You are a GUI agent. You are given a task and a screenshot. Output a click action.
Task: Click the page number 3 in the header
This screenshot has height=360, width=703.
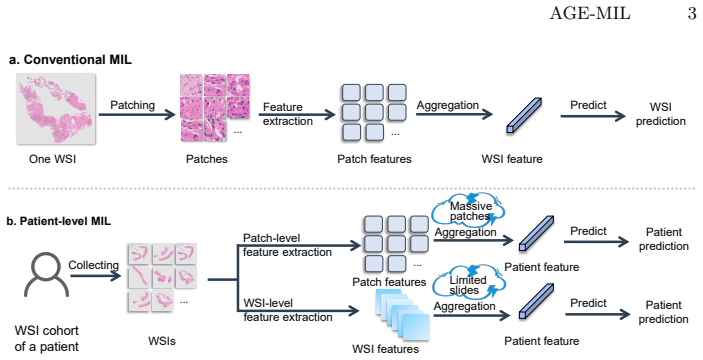tap(692, 13)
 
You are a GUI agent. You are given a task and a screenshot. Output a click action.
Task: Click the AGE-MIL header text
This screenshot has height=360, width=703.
tap(590, 13)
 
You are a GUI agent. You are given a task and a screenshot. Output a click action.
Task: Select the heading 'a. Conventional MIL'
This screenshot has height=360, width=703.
tap(70, 60)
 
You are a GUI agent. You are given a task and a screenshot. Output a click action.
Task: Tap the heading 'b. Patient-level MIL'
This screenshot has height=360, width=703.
tap(59, 221)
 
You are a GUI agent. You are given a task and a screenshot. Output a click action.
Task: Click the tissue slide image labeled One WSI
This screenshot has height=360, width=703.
tap(56, 108)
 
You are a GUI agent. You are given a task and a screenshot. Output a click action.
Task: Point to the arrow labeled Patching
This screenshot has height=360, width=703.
tap(137, 115)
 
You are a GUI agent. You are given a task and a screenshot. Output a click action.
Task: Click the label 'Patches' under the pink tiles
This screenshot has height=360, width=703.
tap(207, 159)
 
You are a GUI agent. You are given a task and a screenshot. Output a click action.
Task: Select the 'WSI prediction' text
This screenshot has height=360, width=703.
tap(661, 114)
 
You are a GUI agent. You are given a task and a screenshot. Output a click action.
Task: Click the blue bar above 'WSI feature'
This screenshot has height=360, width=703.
tap(525, 115)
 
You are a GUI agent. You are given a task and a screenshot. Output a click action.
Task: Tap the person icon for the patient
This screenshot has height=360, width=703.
tap(46, 274)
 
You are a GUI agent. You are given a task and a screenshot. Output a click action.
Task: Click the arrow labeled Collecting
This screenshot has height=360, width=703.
tap(95, 275)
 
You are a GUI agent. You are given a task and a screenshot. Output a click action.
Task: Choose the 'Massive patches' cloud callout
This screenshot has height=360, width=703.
tap(468, 210)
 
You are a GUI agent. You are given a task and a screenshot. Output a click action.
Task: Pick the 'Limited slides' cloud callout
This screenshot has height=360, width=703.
tap(469, 283)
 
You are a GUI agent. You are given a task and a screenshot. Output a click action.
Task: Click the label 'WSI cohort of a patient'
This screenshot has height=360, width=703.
tap(47, 338)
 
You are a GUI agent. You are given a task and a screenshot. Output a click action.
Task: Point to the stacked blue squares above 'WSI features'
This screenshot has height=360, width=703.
tap(402, 315)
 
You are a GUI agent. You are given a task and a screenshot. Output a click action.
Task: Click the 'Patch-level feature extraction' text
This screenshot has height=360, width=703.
tap(287, 245)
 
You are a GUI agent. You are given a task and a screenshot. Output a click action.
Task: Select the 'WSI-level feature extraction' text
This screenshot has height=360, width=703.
tap(288, 310)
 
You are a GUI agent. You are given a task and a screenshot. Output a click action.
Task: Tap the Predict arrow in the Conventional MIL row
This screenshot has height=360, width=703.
tap(593, 117)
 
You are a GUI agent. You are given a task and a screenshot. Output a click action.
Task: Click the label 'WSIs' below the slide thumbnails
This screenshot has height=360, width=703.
tap(162, 342)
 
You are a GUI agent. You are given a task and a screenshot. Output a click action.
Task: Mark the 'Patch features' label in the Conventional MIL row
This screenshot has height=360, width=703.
tap(374, 159)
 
